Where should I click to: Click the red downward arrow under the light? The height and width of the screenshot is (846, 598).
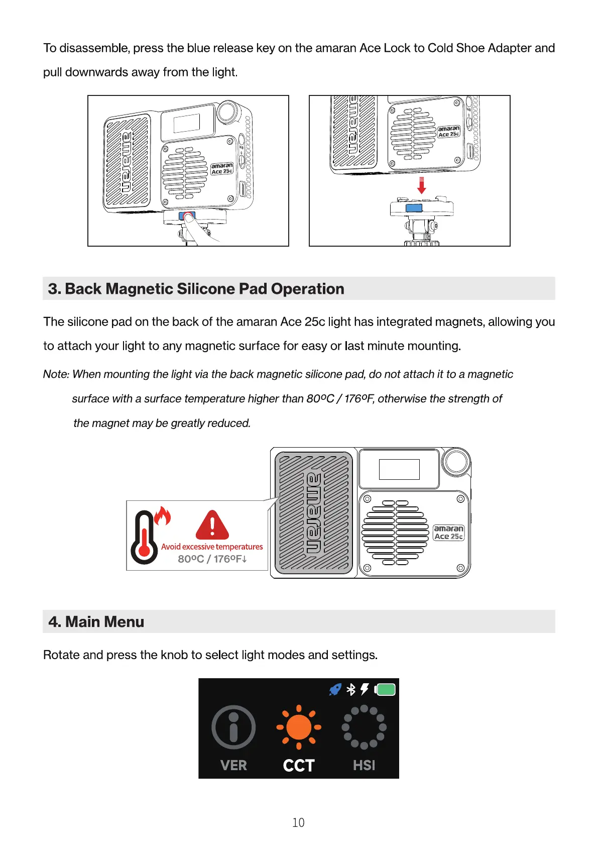click(422, 185)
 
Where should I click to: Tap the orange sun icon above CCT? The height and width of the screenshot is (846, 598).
click(299, 727)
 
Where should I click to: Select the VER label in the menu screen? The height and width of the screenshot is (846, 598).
click(233, 765)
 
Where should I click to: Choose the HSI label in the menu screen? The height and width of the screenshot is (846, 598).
click(364, 765)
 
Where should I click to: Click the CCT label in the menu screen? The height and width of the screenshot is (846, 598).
click(299, 765)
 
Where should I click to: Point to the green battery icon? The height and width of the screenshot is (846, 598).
click(385, 689)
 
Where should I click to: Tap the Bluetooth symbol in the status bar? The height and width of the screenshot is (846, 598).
click(351, 689)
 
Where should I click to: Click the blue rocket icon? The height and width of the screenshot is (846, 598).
click(335, 689)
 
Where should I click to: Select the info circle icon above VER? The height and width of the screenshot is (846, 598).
click(233, 727)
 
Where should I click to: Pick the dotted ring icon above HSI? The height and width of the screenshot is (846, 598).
click(364, 727)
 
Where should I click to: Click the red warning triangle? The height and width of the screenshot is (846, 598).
click(212, 525)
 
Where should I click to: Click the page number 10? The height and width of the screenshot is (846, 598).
click(298, 822)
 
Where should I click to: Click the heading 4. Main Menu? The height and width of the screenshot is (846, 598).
click(96, 622)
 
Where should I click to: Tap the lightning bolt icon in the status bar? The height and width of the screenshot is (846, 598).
click(365, 689)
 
